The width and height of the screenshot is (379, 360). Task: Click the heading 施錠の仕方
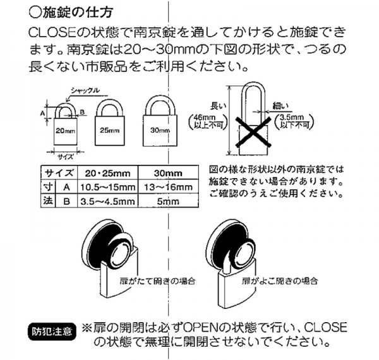point(71,13)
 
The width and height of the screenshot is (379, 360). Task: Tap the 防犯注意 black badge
point(52,332)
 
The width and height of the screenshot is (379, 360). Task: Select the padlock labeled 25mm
point(110,123)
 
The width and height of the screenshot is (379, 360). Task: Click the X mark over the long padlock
point(253,132)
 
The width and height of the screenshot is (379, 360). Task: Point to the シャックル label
point(85,90)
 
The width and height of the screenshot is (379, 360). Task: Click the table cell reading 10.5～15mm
point(107,187)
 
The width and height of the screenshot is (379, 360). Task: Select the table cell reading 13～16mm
point(168,187)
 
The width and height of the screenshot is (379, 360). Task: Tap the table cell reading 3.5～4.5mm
point(107,201)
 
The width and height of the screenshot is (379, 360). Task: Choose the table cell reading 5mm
point(168,201)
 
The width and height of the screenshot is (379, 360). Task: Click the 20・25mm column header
point(107,173)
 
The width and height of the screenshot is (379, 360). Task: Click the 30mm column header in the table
point(168,173)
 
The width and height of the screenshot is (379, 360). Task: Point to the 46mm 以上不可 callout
point(208,121)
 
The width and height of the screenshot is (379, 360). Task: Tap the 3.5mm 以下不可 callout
point(294,121)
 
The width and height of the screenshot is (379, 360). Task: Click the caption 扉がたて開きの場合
point(157,281)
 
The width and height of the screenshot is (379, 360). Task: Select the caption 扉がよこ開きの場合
point(280,281)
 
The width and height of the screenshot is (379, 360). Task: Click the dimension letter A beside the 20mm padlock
point(42,113)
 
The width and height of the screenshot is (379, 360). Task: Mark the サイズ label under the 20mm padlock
point(65,157)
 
